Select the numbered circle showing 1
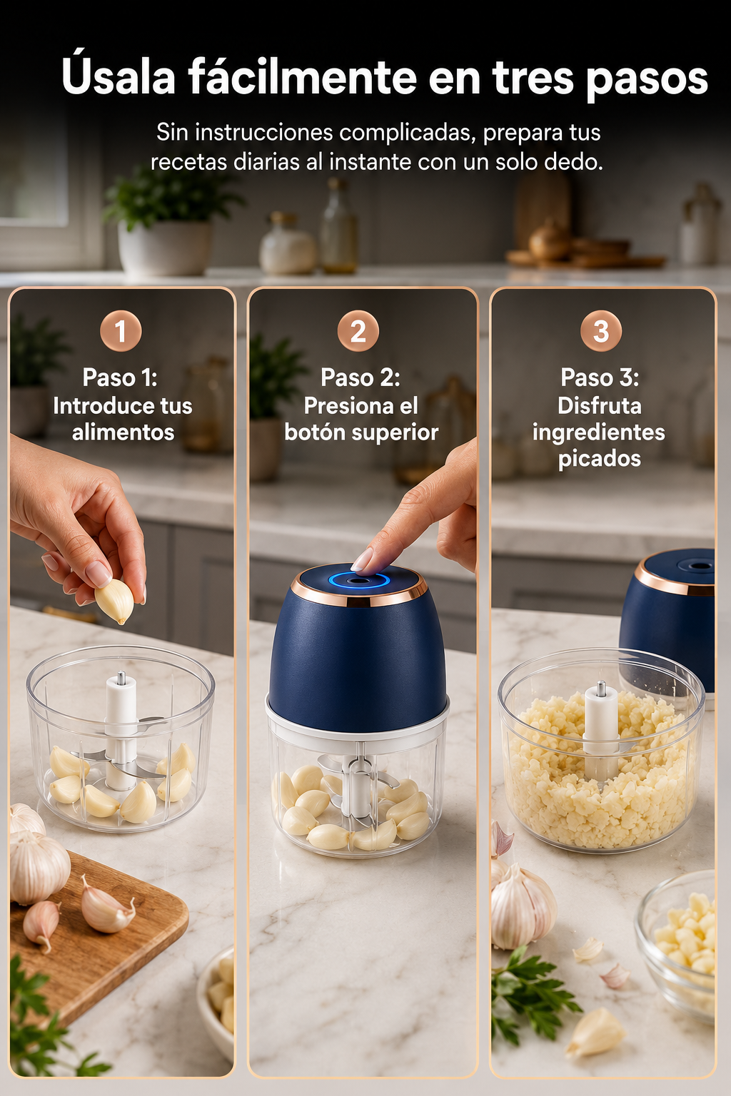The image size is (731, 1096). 121,331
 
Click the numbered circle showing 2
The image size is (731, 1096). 358,331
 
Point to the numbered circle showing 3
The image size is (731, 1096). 601,331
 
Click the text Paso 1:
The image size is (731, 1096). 120,377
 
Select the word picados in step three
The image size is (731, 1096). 600,459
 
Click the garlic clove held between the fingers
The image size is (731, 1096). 114,601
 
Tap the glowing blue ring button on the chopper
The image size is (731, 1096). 359,581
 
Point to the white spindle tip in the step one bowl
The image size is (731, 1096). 121,679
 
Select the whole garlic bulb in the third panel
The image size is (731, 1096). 523,906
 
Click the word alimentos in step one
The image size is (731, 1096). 123,432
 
